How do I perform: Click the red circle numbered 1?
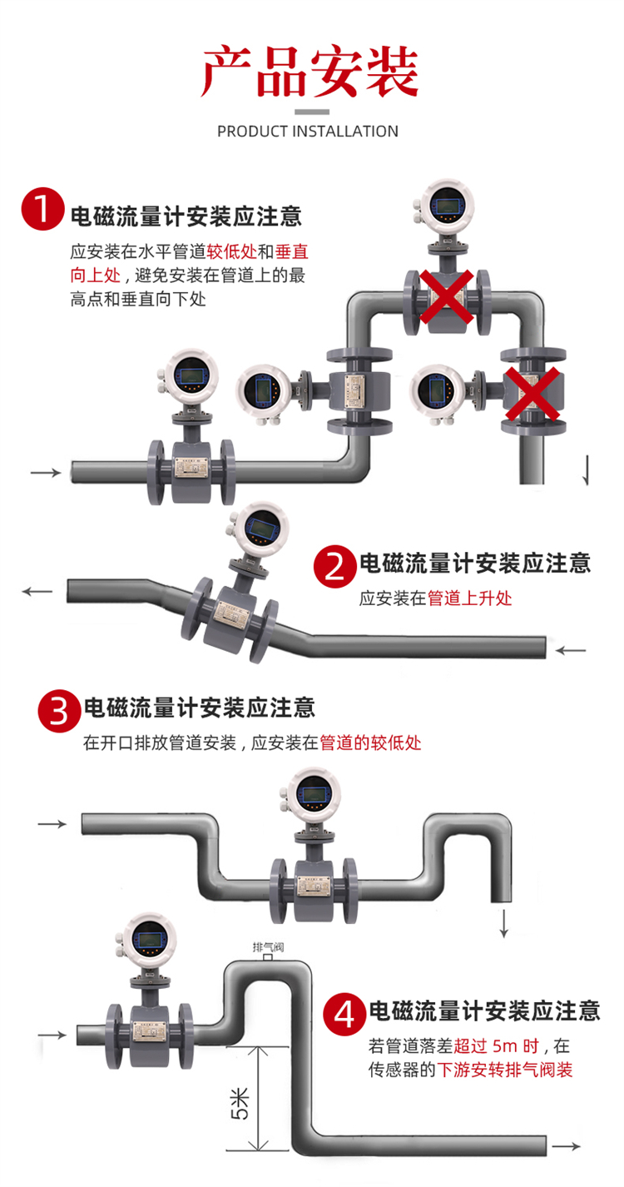(x=42, y=210)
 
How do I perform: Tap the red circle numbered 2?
(x=334, y=567)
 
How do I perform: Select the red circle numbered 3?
(x=59, y=710)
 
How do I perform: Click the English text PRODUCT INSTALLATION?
(x=308, y=132)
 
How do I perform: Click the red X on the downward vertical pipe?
(x=533, y=395)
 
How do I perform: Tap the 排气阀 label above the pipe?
(x=266, y=946)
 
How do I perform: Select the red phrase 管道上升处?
(x=469, y=598)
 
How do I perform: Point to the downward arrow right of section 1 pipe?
(x=588, y=470)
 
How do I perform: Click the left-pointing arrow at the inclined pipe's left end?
(x=37, y=591)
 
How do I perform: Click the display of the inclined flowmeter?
(x=262, y=527)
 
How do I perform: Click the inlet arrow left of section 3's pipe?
(x=52, y=824)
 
